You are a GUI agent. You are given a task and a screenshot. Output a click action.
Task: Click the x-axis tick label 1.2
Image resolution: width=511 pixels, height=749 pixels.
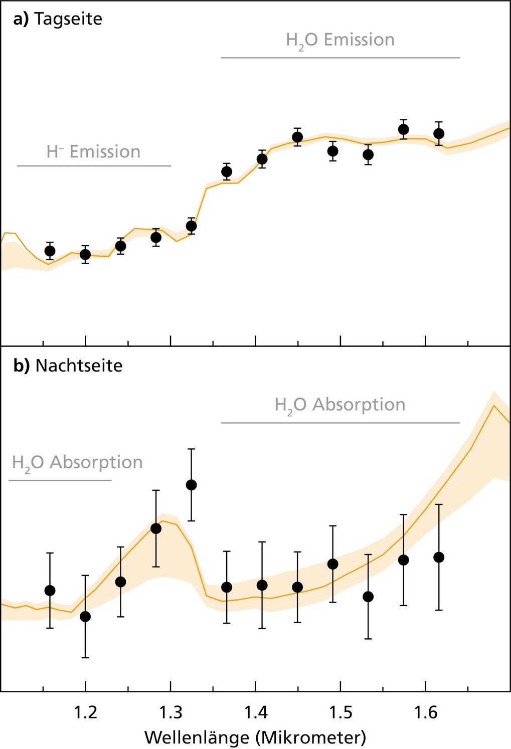(x=85, y=712)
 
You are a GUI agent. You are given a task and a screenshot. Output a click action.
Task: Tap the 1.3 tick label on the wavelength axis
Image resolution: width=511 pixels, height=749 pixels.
(x=171, y=712)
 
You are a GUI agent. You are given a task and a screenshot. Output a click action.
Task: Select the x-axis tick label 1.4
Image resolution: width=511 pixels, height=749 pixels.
(x=256, y=712)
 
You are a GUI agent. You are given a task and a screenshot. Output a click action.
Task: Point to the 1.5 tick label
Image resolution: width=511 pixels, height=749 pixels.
(x=340, y=712)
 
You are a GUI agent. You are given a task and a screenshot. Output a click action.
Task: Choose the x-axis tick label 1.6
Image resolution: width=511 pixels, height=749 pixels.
(x=425, y=712)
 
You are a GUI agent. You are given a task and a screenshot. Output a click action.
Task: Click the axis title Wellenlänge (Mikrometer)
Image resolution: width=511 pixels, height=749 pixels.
(x=255, y=737)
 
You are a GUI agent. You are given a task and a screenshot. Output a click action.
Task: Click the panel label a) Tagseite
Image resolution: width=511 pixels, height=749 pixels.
(x=58, y=19)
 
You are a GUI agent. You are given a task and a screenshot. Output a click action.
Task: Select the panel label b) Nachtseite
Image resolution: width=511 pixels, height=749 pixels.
(x=68, y=365)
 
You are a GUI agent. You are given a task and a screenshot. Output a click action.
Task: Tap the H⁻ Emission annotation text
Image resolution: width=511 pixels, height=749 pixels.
(x=93, y=152)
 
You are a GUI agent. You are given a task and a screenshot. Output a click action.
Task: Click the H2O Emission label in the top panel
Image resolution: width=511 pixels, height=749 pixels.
(x=340, y=40)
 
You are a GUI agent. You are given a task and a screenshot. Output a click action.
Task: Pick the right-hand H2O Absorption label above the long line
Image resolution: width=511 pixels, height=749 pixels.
(x=340, y=405)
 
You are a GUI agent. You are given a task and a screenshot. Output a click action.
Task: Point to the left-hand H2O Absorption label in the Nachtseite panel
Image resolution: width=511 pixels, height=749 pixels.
(x=77, y=463)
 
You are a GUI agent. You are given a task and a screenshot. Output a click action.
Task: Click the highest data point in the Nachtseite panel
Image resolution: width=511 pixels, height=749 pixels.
(x=191, y=485)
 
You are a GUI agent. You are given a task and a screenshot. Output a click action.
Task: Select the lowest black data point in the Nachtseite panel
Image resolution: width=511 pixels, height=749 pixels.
(x=85, y=616)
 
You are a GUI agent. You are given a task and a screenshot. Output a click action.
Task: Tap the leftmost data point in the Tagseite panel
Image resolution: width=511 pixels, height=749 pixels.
(x=50, y=251)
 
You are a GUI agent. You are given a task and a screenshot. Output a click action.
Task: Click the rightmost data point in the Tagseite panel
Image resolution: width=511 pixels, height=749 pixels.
(x=439, y=133)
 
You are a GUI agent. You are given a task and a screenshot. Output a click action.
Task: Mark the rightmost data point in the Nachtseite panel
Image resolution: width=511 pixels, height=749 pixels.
(x=439, y=557)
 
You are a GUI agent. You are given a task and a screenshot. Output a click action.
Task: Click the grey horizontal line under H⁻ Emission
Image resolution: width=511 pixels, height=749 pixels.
(x=94, y=165)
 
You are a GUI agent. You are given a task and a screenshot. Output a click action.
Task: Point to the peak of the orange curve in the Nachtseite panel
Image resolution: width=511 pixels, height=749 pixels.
(x=494, y=406)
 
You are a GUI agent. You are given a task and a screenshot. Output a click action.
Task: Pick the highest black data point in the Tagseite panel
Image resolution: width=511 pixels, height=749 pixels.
(x=403, y=129)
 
